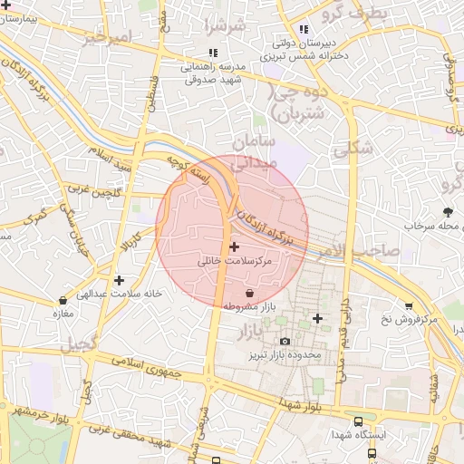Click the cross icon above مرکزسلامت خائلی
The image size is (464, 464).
coord(234,246)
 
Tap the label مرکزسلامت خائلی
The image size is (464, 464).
coord(235,261)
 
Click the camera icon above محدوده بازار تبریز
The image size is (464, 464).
coord(285,342)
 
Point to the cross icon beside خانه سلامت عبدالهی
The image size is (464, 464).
coord(119,280)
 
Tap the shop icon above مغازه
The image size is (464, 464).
coord(62,300)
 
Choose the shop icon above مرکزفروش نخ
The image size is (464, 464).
coord(409,305)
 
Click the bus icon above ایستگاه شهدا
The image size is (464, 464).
coord(359,422)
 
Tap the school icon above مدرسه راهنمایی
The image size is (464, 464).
coord(212,53)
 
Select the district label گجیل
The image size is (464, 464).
coord(77,345)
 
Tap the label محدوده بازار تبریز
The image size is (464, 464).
coord(286,355)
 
